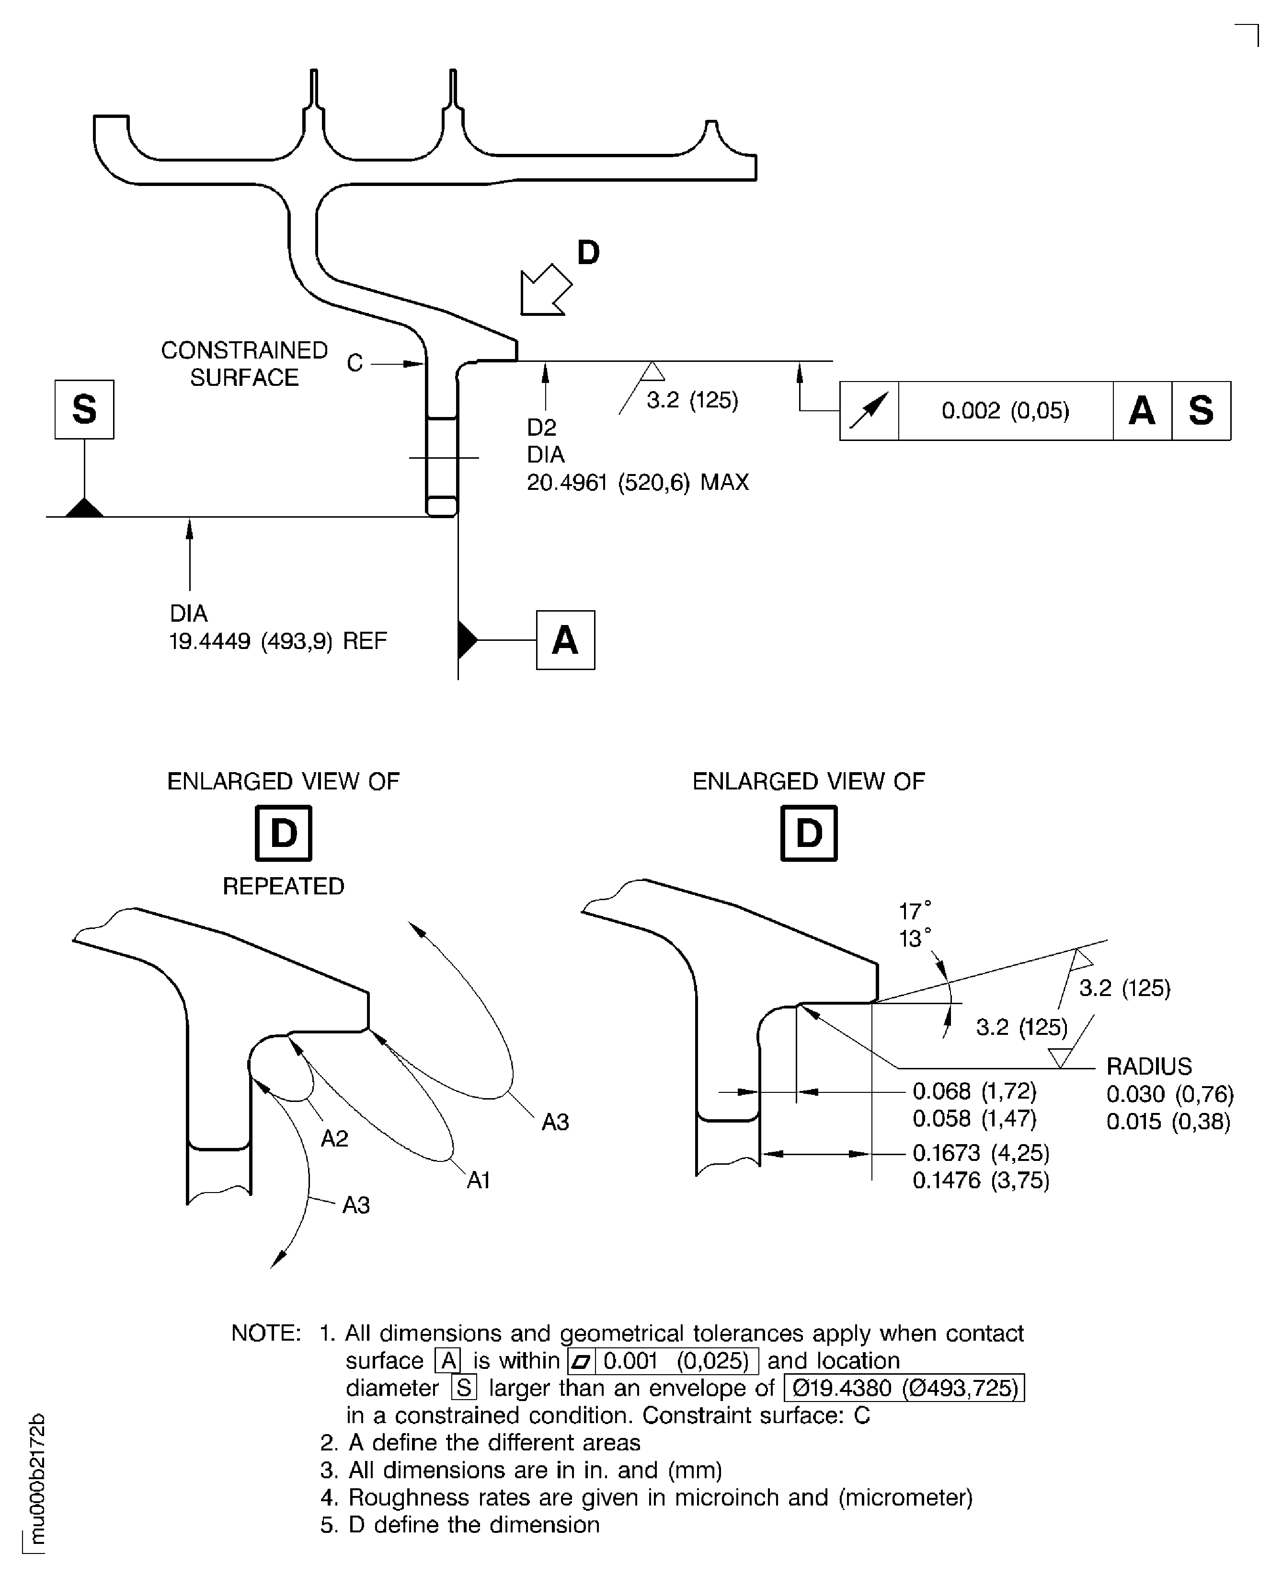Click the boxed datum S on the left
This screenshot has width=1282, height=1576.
[84, 409]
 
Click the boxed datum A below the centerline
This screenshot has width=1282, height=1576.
[565, 640]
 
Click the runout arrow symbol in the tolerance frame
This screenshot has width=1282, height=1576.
[869, 411]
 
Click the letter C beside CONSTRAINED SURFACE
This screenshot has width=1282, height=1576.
[355, 363]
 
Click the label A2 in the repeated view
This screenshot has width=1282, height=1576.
[334, 1138]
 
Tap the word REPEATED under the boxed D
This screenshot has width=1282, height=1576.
[284, 886]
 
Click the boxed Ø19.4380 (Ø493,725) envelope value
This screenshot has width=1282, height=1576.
[904, 1388]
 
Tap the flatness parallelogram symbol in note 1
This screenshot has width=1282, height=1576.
[581, 1361]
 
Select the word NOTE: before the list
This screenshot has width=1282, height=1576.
[266, 1333]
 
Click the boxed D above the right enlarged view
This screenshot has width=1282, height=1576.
[809, 834]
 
